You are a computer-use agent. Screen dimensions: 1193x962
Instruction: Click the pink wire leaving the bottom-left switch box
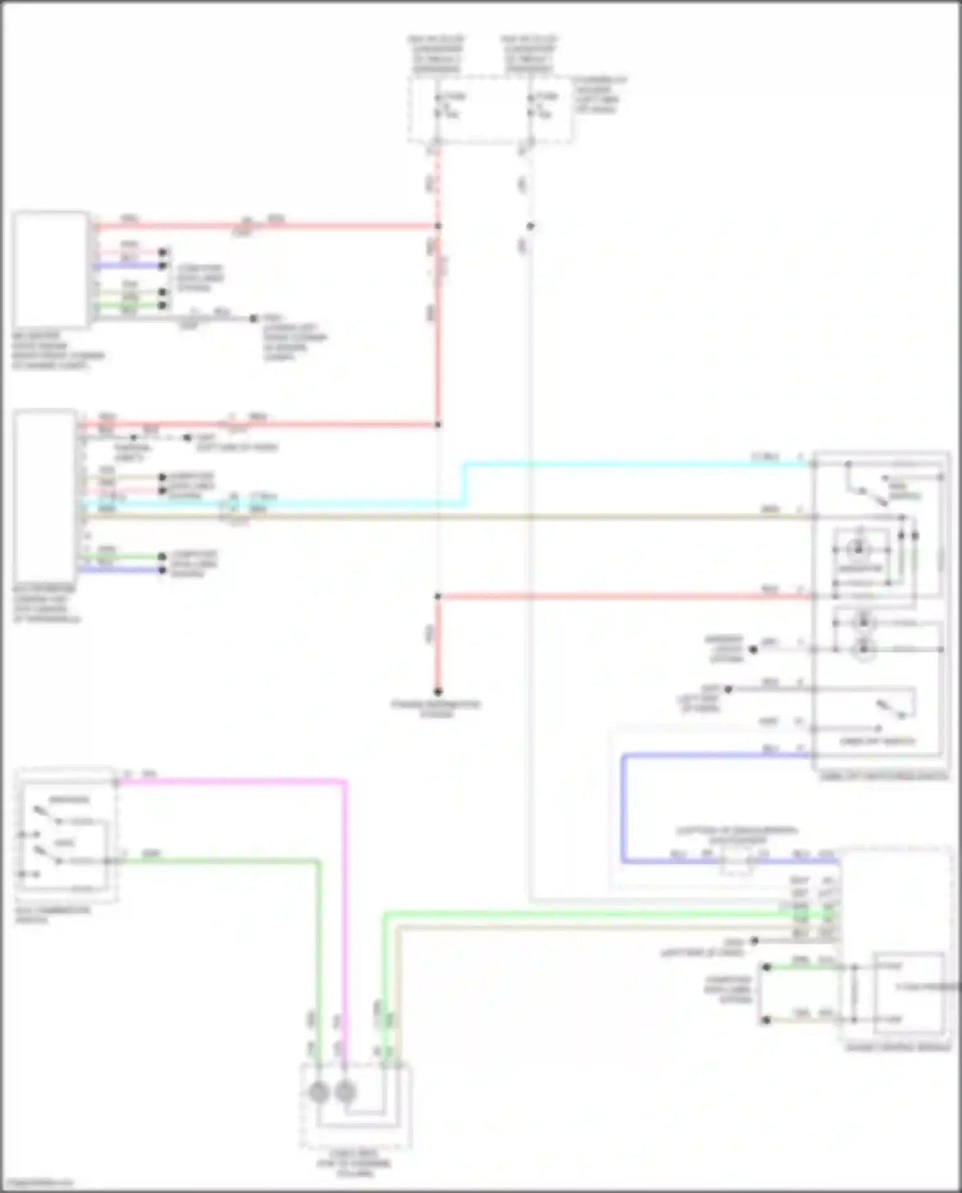click(231, 782)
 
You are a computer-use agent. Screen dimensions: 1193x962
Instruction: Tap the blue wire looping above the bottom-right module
click(623, 808)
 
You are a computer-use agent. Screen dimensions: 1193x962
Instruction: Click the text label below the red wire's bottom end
click(436, 708)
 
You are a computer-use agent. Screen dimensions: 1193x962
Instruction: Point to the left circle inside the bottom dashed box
click(319, 1092)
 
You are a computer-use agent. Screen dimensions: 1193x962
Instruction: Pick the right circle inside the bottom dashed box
click(345, 1092)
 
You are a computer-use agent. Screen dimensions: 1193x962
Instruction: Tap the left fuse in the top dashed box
click(438, 106)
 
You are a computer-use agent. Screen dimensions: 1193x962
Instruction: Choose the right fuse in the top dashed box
click(531, 106)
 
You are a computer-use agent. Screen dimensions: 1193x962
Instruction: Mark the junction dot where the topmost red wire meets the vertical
click(438, 226)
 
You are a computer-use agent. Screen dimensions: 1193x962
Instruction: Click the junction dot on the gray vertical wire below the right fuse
click(530, 226)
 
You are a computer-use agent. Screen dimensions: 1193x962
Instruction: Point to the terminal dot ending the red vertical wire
click(438, 692)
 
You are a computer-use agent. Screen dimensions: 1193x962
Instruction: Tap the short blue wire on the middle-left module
click(122, 570)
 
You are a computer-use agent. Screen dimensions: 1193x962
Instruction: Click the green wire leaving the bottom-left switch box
click(218, 861)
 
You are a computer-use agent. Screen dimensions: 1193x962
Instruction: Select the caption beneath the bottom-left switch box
click(53, 915)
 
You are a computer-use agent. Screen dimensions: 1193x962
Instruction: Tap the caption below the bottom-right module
click(898, 1047)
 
